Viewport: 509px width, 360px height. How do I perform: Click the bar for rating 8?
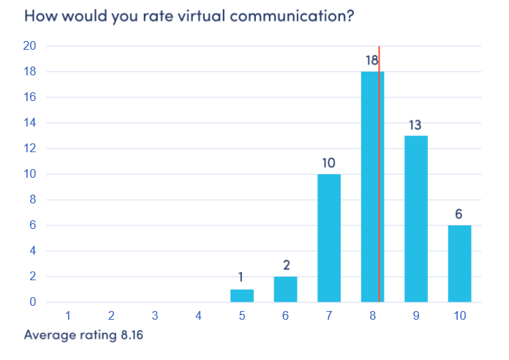click(x=369, y=187)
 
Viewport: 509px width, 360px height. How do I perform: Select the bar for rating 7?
click(x=329, y=238)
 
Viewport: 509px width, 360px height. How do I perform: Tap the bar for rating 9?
click(x=416, y=219)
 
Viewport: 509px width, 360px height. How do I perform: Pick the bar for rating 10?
click(x=460, y=263)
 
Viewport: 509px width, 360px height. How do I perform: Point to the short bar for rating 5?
click(x=241, y=296)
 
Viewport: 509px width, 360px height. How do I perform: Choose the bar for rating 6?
click(x=285, y=289)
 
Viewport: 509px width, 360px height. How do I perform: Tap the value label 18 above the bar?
click(x=372, y=61)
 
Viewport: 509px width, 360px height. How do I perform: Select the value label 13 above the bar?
click(x=415, y=124)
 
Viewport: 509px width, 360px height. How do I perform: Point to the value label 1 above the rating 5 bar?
click(x=241, y=278)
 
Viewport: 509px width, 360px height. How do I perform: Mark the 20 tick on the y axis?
click(x=30, y=46)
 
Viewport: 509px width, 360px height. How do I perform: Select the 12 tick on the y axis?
click(x=30, y=149)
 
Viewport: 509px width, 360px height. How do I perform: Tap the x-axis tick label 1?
click(x=67, y=316)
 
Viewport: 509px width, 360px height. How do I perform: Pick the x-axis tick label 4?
click(x=198, y=316)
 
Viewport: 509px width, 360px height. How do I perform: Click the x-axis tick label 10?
click(x=460, y=316)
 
